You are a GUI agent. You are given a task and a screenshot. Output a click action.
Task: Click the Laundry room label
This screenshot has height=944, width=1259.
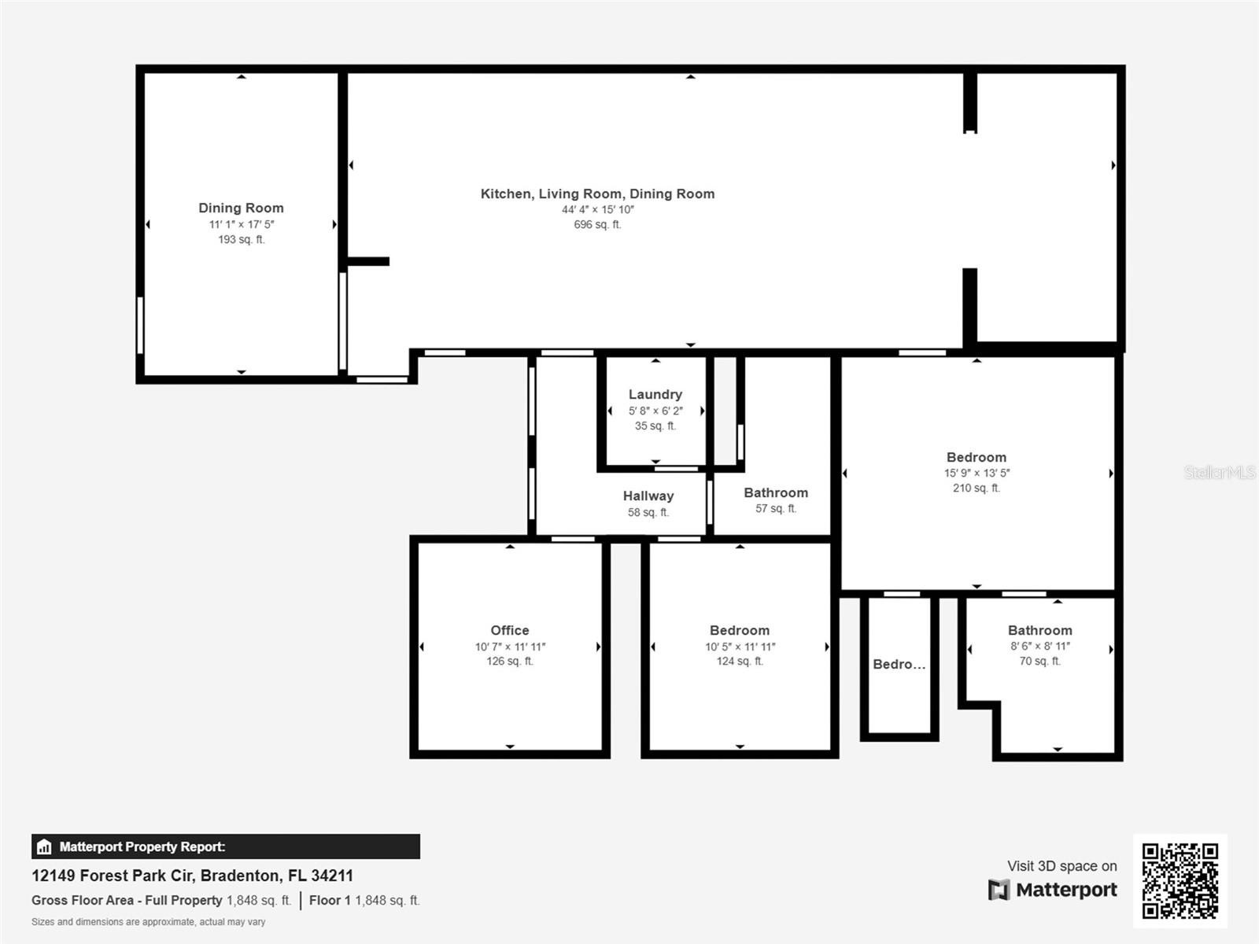click(x=655, y=395)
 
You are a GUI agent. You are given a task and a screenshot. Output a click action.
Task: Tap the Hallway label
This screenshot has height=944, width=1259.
click(x=648, y=496)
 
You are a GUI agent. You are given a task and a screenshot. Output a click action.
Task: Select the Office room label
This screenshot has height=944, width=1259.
click(x=509, y=630)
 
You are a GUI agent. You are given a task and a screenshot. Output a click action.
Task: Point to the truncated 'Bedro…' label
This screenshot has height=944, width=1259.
click(x=899, y=664)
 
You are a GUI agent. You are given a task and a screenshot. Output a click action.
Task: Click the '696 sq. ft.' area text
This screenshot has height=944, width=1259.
click(x=597, y=225)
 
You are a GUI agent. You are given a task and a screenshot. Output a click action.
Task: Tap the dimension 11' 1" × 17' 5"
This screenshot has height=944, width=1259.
click(x=242, y=225)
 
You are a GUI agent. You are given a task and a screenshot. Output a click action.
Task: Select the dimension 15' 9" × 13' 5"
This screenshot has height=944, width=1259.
click(x=977, y=474)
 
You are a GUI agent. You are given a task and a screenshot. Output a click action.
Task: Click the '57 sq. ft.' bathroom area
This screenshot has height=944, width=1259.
click(x=776, y=508)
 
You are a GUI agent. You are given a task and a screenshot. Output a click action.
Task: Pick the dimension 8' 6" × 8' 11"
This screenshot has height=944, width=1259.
click(x=1040, y=647)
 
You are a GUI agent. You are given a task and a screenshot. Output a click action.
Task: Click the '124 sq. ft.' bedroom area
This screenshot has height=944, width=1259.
click(x=740, y=662)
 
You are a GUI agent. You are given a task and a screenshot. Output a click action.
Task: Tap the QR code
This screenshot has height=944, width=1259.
click(x=1180, y=881)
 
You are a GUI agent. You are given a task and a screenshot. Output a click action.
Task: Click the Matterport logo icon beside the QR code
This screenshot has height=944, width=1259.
click(x=999, y=890)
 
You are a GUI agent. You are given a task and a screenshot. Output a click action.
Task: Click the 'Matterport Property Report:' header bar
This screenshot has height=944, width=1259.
click(x=225, y=846)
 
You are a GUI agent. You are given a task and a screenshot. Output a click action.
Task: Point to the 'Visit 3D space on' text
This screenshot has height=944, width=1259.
click(x=1061, y=866)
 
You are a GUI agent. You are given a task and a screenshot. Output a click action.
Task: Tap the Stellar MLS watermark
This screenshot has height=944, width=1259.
click(x=1220, y=472)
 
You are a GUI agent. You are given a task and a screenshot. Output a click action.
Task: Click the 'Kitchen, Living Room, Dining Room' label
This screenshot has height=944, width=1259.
click(x=597, y=194)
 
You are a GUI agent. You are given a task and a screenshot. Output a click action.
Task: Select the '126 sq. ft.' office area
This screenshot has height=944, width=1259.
click(x=509, y=662)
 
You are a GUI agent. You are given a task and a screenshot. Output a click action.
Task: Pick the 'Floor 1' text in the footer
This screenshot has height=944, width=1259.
click(x=329, y=901)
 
